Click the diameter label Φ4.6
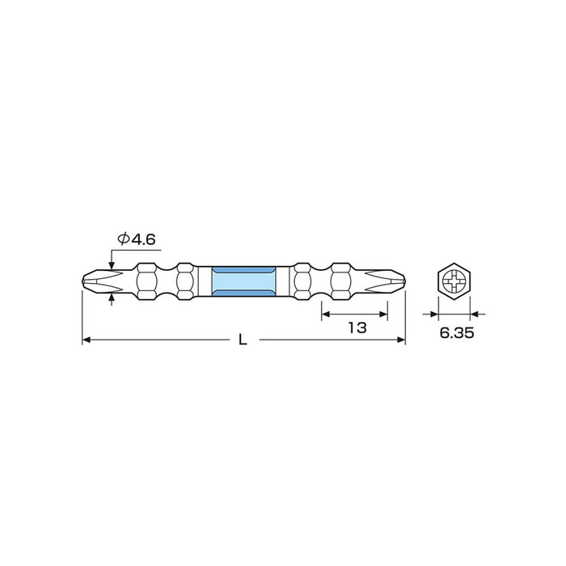(136, 239)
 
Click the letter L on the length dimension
(243, 341)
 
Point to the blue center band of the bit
(243, 282)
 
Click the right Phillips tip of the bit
(390, 282)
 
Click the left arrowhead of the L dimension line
(87, 340)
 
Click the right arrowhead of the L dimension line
(399, 340)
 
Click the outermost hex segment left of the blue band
(147, 282)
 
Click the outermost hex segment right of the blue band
(340, 282)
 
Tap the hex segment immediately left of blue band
(185, 282)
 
